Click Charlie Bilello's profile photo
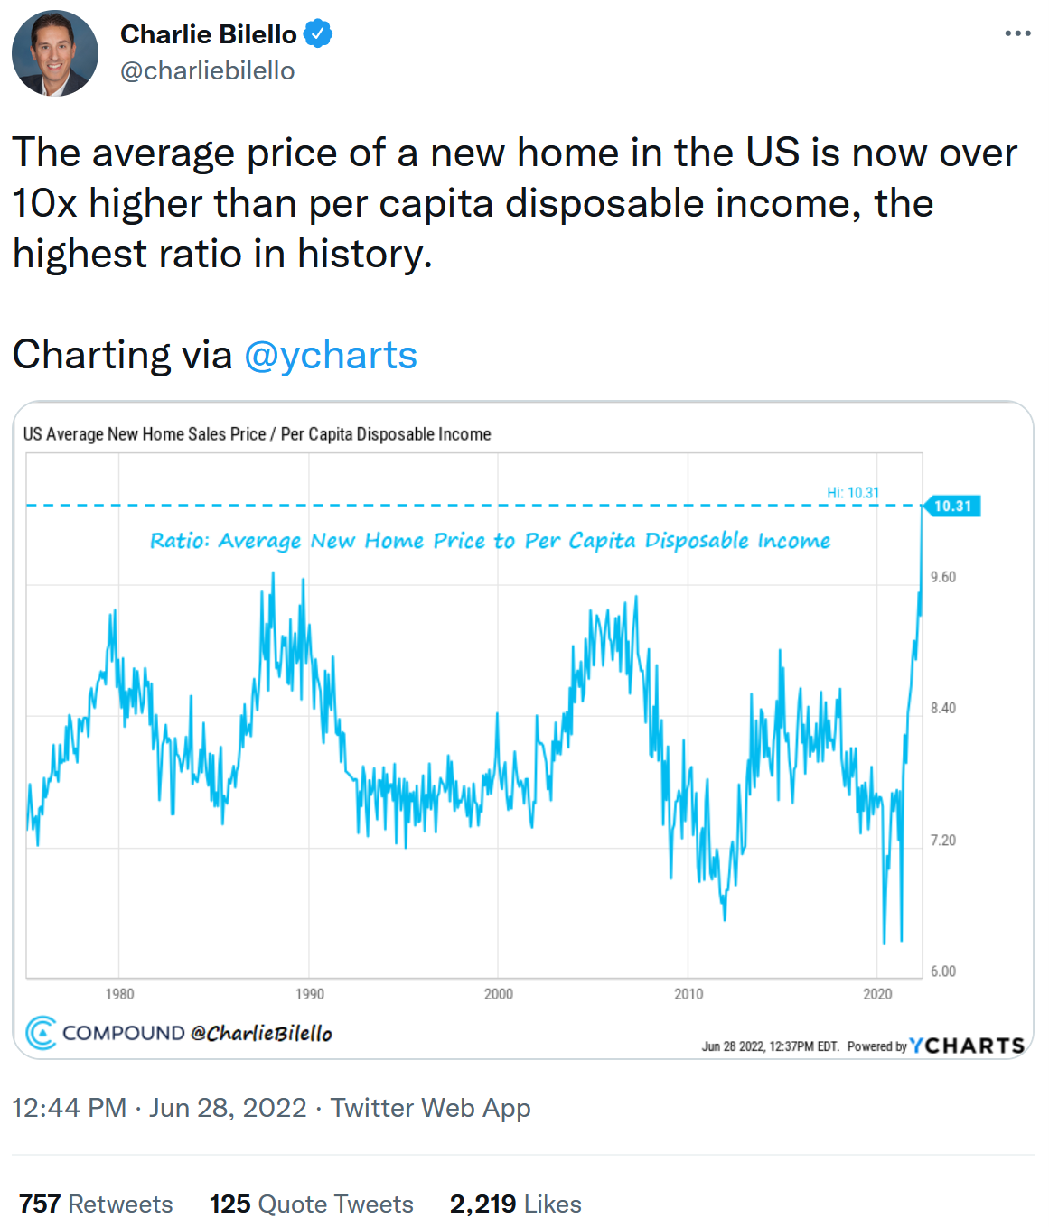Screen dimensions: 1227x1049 pyautogui.click(x=55, y=53)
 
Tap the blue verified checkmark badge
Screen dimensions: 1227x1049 pyautogui.click(x=318, y=34)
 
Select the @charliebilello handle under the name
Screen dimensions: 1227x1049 pyautogui.click(x=208, y=70)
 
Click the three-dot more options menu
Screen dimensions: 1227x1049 pyautogui.click(x=1017, y=33)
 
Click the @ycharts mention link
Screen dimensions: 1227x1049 pyautogui.click(x=331, y=355)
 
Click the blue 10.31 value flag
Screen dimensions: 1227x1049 pyautogui.click(x=951, y=506)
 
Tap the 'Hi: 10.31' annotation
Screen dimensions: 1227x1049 pyautogui.click(x=852, y=492)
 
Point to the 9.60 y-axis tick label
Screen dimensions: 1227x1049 pyautogui.click(x=943, y=577)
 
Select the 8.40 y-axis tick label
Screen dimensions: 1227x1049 pyautogui.click(x=943, y=708)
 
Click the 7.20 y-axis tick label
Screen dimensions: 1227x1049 pyautogui.click(x=943, y=840)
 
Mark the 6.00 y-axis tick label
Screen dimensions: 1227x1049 pyautogui.click(x=943, y=971)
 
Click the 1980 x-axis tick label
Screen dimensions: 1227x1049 pyautogui.click(x=119, y=994)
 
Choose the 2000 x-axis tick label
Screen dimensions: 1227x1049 pyautogui.click(x=499, y=994)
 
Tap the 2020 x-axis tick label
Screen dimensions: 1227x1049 pyautogui.click(x=877, y=994)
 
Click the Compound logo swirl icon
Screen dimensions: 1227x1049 pyautogui.click(x=41, y=1033)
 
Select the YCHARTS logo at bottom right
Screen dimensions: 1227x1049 pyautogui.click(x=967, y=1046)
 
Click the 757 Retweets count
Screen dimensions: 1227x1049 pyautogui.click(x=96, y=1204)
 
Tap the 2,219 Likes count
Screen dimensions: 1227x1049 pyautogui.click(x=515, y=1204)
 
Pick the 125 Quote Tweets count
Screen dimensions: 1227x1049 pyautogui.click(x=311, y=1204)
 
